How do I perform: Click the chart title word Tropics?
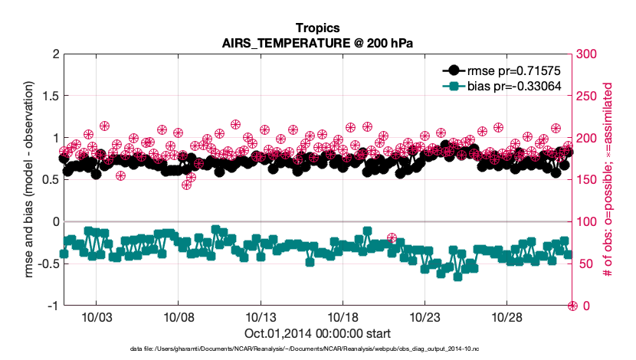(x=317, y=29)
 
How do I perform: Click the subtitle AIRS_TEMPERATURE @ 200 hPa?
(x=317, y=43)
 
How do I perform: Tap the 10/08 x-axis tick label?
(x=178, y=317)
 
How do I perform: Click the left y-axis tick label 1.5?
(x=50, y=96)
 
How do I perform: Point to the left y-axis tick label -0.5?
(x=48, y=263)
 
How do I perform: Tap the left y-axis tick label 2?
(x=55, y=54)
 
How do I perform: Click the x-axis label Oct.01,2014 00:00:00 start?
(x=317, y=333)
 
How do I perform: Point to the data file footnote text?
(x=317, y=349)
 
